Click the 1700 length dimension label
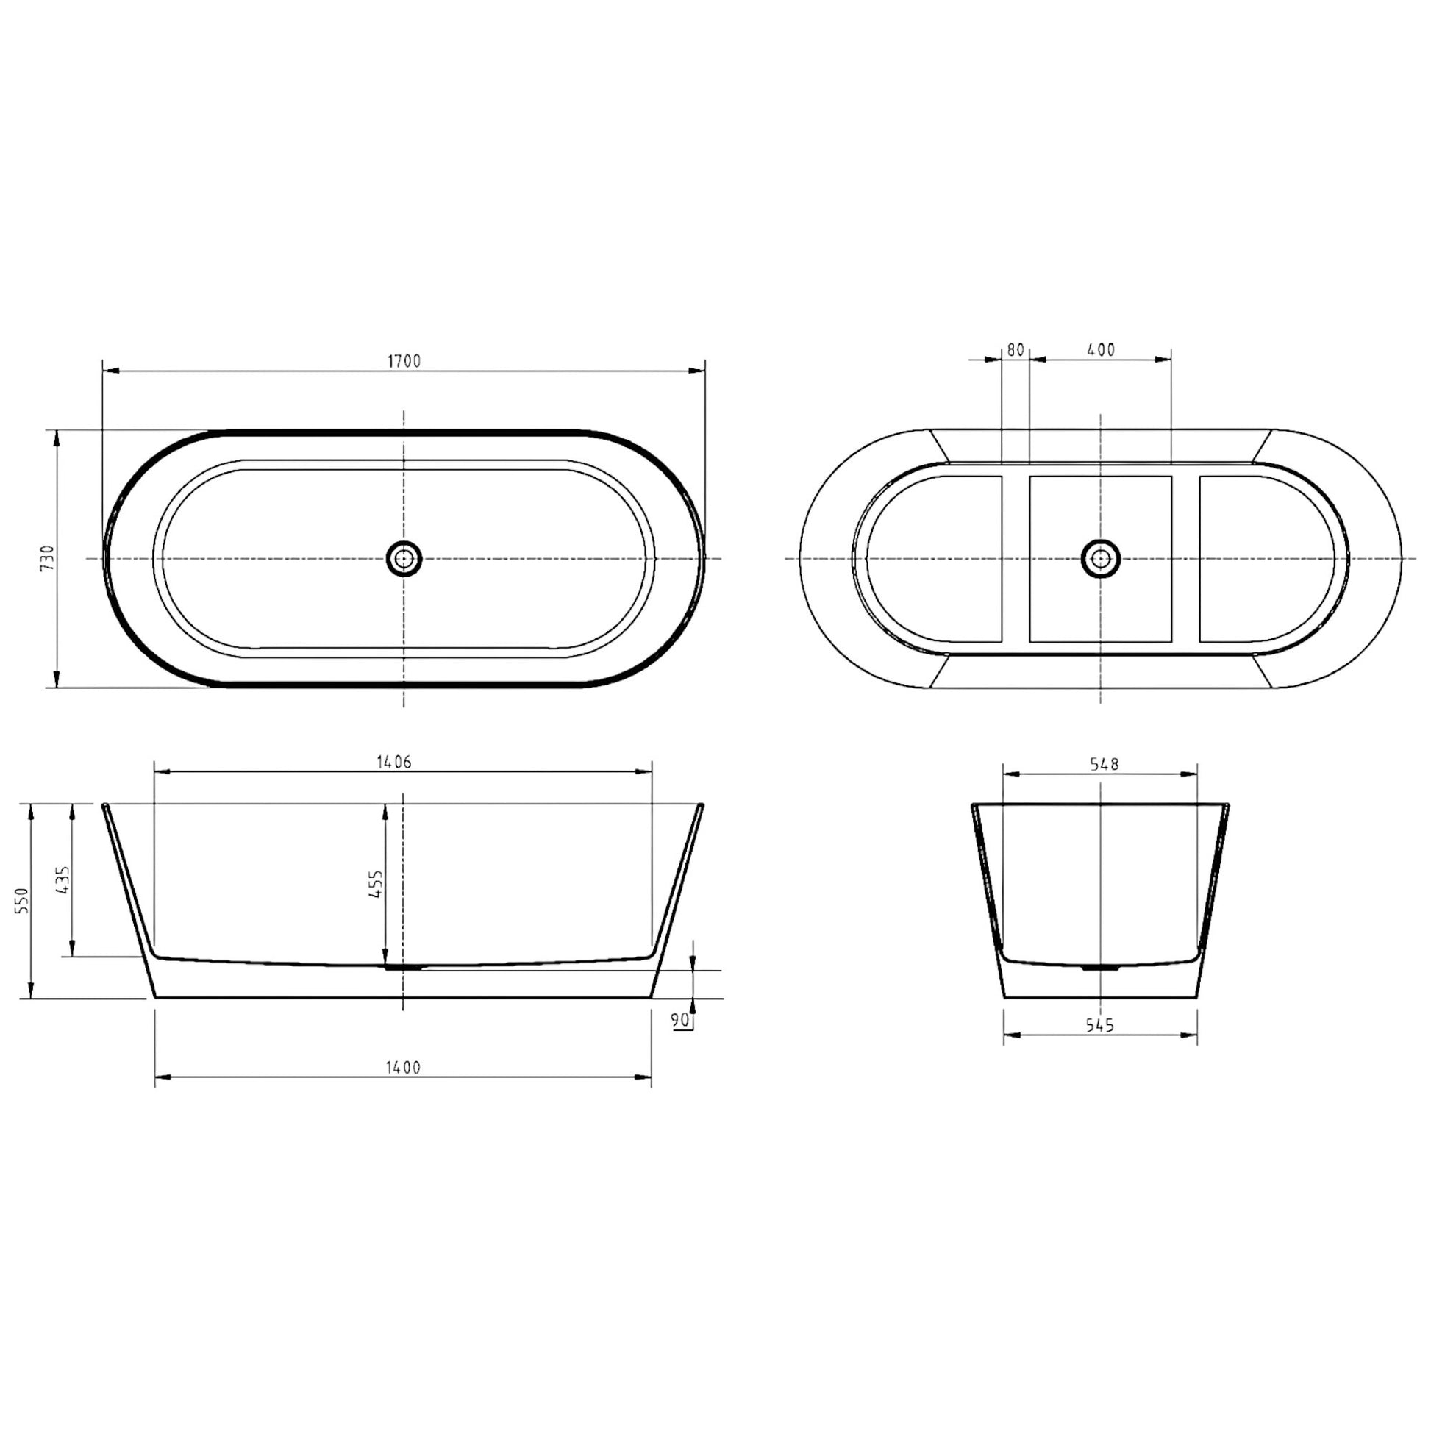[x=404, y=361]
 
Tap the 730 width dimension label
[x=48, y=557]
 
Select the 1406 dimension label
[x=394, y=761]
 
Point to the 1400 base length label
[x=403, y=1067]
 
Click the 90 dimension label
[x=681, y=1021]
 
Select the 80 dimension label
[x=1016, y=349]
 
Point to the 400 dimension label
[x=1102, y=349]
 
